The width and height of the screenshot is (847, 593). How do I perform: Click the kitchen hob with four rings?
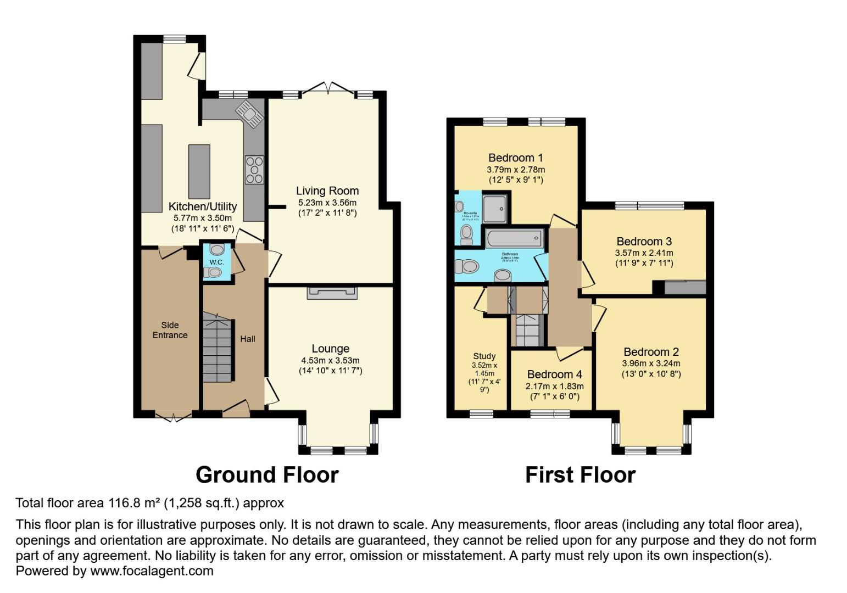[254, 170]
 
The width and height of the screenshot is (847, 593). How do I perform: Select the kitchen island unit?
[199, 171]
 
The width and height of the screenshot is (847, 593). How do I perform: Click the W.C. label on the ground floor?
[216, 262]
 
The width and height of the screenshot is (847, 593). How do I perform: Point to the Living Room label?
[327, 191]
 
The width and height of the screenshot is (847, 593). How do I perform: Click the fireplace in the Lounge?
[332, 293]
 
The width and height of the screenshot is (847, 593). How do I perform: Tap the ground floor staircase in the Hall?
[218, 347]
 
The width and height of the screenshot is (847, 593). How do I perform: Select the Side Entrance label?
[170, 330]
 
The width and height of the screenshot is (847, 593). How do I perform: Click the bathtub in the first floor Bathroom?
[514, 239]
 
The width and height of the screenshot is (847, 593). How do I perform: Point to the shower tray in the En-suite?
[496, 208]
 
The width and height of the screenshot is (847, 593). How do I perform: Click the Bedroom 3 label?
[644, 242]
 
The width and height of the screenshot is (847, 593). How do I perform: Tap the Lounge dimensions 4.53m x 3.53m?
[330, 361]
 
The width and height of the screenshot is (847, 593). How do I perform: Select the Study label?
[484, 356]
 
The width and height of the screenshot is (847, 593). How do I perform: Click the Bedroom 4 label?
[554, 374]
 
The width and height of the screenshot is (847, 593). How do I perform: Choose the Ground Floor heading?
[267, 475]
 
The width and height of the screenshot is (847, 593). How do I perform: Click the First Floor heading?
[580, 475]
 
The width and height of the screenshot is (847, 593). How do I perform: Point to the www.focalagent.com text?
[152, 571]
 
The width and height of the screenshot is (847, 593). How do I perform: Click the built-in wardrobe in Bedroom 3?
[684, 287]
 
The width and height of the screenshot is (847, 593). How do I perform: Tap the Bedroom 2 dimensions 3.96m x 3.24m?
[651, 363]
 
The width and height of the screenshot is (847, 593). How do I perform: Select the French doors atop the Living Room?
[328, 88]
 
